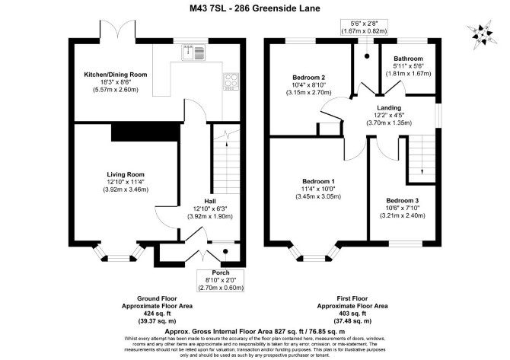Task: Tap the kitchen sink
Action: coord(194,53)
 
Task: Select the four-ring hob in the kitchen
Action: coord(231,81)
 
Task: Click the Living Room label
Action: coord(126,174)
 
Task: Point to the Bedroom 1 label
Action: coord(318,181)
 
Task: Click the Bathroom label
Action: coord(408,59)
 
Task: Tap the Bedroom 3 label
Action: coord(403,201)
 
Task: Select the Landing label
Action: coord(389,107)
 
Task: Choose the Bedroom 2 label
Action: coord(309,78)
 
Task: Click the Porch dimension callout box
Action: coord(221,280)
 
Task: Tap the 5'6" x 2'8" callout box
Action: coord(364,27)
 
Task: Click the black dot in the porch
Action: coord(225,251)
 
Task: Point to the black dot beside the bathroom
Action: coord(367,56)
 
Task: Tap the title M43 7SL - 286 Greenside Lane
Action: coord(255,8)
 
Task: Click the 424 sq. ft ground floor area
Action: coord(157,314)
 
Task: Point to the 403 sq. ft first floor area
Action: coord(352,314)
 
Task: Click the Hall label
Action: coord(210,202)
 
